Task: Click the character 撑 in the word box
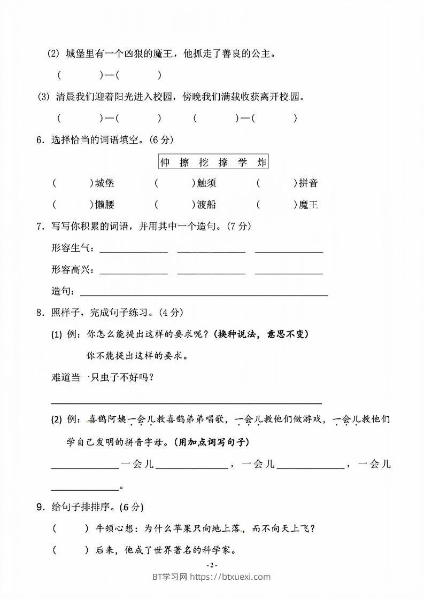click(x=223, y=162)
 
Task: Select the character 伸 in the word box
click(x=165, y=162)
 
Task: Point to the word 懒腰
click(x=104, y=205)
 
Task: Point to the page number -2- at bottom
click(x=212, y=565)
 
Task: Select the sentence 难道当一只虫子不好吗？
click(x=103, y=377)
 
